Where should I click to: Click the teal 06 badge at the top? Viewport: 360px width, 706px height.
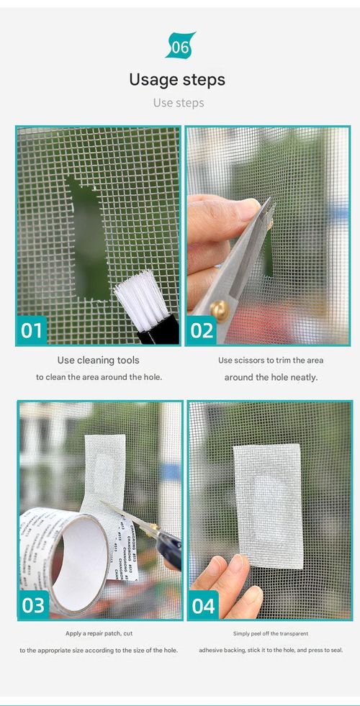point(180,45)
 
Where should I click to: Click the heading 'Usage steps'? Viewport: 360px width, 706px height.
point(177,79)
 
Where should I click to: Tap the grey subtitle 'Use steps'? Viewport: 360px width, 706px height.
point(179,103)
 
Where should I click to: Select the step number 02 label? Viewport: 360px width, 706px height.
point(202,330)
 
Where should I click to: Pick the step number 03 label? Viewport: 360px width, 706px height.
point(33,605)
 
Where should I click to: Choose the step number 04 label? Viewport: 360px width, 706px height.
point(203,605)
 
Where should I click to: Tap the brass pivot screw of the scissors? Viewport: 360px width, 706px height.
point(220,310)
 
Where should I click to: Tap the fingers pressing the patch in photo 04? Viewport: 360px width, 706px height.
point(234,583)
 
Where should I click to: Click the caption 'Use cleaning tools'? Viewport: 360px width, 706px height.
point(98,360)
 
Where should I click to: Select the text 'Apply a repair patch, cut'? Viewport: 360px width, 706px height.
point(98,633)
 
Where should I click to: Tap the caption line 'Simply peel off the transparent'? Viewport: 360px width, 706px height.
point(270,633)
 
